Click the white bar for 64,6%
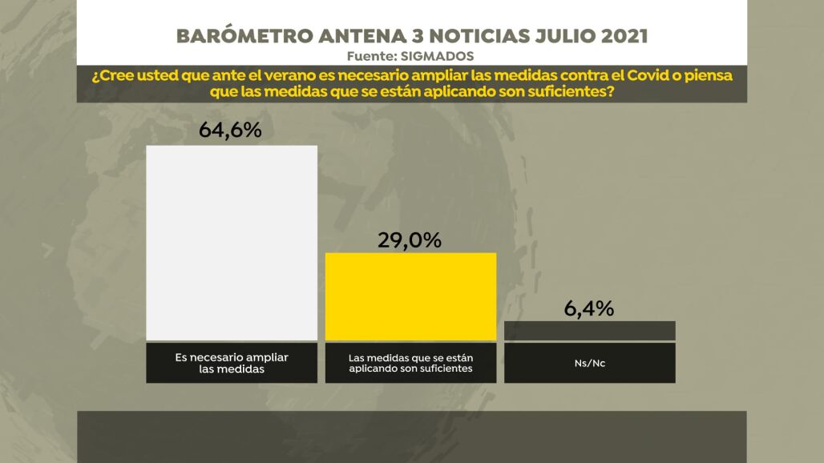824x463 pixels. pos(231,243)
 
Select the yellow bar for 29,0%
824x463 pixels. pos(410,296)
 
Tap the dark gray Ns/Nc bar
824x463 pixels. pos(589,331)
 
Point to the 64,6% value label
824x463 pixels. pos(230,129)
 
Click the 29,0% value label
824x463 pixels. pos(410,240)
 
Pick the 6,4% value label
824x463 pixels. pos(588,308)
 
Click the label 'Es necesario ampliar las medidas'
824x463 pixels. pos(231,363)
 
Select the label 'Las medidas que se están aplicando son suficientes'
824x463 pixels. pos(410,363)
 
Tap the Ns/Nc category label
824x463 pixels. pos(589,363)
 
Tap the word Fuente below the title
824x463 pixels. pos(374,56)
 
